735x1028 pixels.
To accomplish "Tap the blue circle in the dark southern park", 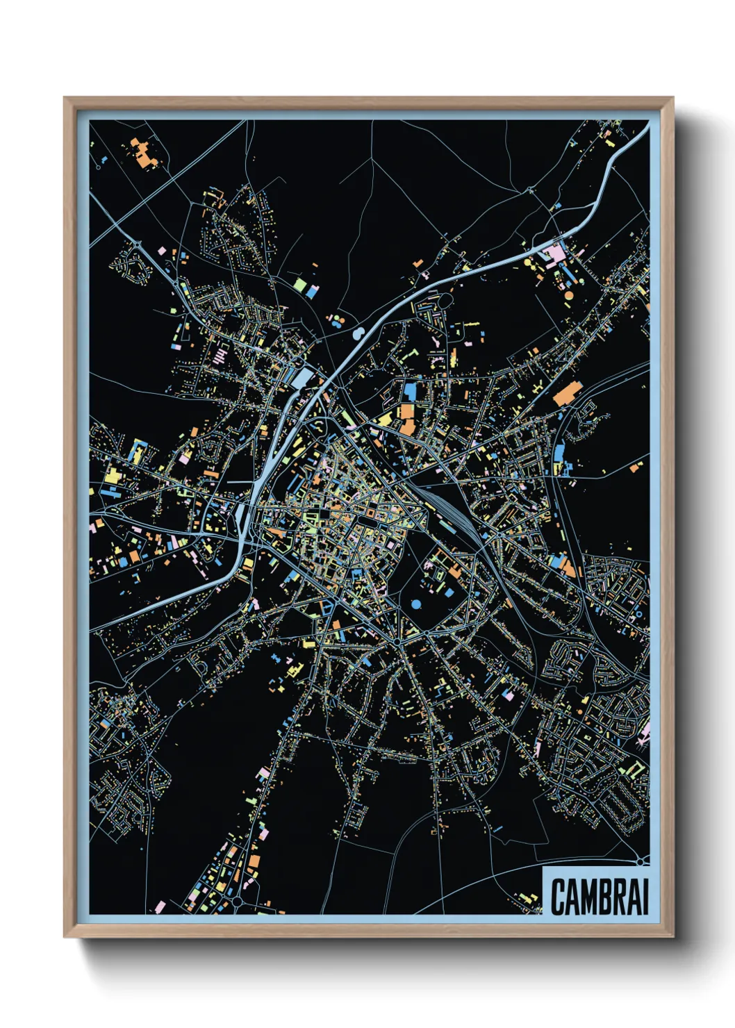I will tap(416, 604).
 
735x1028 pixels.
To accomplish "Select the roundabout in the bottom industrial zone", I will tap(237, 901).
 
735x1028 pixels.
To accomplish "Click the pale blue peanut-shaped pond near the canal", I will tap(358, 334).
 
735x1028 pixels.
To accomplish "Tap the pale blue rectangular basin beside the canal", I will tap(304, 379).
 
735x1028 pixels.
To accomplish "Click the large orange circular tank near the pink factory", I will tap(568, 295).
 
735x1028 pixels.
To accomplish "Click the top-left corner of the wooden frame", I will tap(65, 99).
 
